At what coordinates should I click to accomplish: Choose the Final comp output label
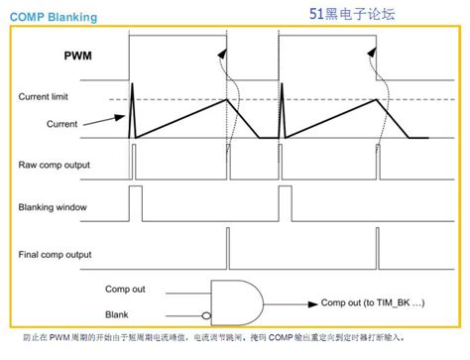57,255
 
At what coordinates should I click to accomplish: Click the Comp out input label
127,289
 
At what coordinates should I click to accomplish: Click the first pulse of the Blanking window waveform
136,206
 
